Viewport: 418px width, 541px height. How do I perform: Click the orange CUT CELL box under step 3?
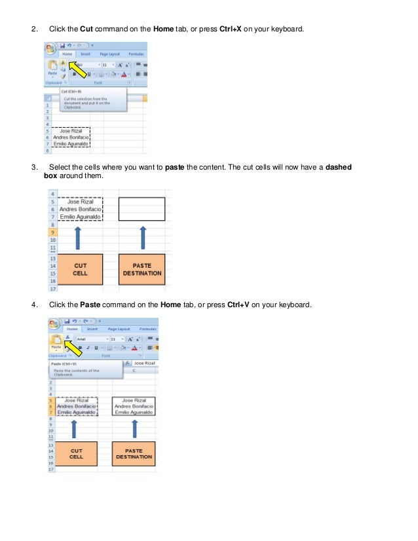(x=80, y=269)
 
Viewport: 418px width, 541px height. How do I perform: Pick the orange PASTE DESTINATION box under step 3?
(x=142, y=269)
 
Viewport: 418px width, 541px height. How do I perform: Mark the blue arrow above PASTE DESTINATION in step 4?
(x=134, y=429)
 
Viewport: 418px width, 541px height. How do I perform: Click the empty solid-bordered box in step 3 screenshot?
(x=142, y=208)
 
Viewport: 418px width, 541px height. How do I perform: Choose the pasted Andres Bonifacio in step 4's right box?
(x=134, y=406)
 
